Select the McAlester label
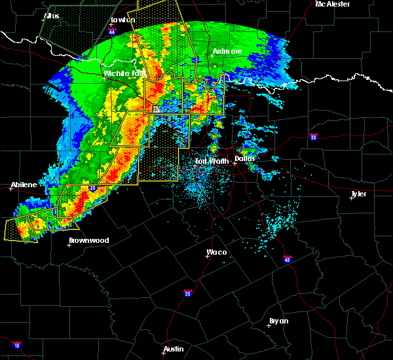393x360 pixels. (x=332, y=4)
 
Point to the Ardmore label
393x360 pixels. (x=227, y=51)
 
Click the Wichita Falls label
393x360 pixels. (x=124, y=73)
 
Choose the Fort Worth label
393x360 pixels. (x=211, y=160)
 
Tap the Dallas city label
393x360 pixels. (x=246, y=158)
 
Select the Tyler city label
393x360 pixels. (x=358, y=194)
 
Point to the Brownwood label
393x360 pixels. (x=88, y=240)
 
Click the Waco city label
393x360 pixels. (x=217, y=252)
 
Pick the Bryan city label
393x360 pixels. (x=278, y=321)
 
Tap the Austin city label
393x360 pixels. (x=174, y=349)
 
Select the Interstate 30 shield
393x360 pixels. (x=313, y=137)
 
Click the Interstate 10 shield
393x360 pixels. (x=17, y=346)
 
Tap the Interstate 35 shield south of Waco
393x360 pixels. (x=188, y=293)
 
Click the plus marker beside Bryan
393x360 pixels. (x=272, y=325)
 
